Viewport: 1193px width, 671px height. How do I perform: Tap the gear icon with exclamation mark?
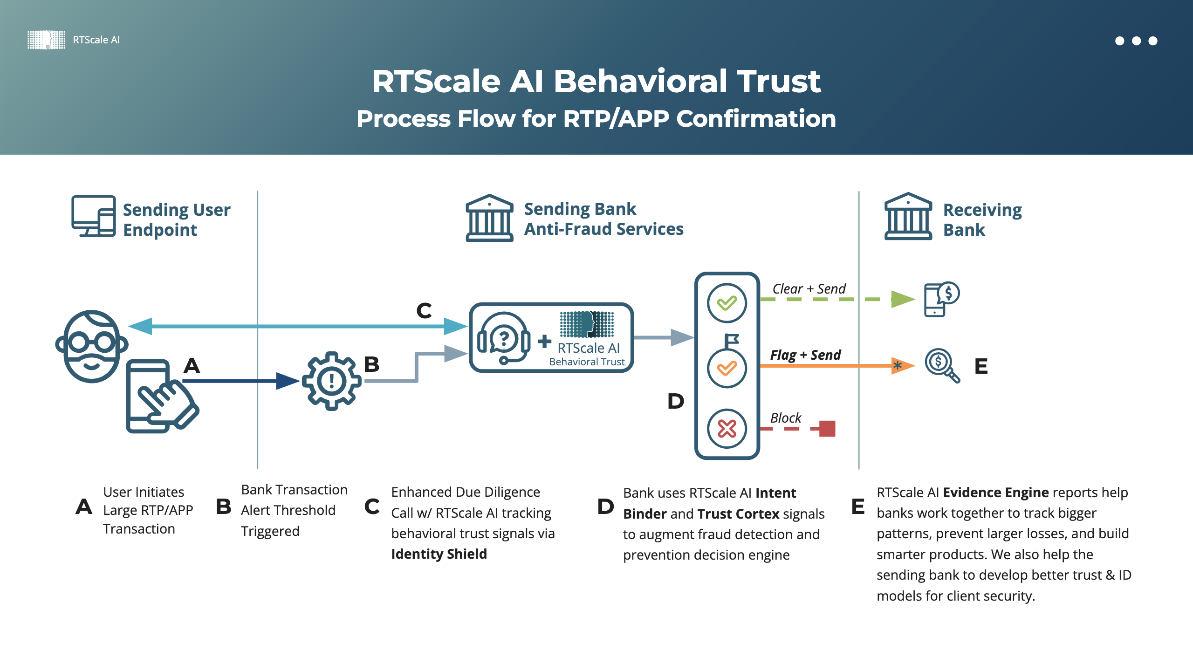331,381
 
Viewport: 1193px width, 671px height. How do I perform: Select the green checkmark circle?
727,303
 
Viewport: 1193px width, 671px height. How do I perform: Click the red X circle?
727,429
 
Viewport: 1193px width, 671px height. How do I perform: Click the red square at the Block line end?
827,429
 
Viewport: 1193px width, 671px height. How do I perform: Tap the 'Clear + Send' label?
809,289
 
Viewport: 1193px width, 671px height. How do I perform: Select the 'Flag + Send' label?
805,355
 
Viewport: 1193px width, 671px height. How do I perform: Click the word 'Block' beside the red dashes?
786,418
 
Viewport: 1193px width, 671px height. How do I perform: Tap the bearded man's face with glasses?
92,346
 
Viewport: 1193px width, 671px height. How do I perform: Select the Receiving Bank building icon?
908,217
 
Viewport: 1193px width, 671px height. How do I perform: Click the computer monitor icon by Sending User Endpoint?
94,216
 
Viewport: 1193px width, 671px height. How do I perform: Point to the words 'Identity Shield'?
439,554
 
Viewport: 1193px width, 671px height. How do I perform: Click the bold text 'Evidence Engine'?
995,493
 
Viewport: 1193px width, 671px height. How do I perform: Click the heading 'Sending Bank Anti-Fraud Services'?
603,219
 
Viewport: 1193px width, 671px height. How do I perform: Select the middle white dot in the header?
1137,41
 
